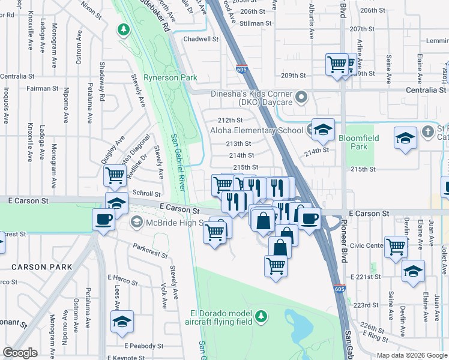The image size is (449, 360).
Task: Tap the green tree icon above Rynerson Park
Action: pyautogui.click(x=124, y=29)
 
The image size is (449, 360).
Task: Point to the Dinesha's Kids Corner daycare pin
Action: pyautogui.click(x=301, y=96)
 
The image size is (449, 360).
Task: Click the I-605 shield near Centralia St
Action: pyautogui.click(x=241, y=68)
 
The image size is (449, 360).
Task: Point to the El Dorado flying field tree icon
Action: pyautogui.click(x=260, y=316)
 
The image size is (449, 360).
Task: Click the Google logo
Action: pyautogui.click(x=20, y=352)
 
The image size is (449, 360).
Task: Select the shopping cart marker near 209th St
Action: pyautogui.click(x=337, y=64)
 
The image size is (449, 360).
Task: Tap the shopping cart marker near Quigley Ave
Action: pyautogui.click(x=114, y=175)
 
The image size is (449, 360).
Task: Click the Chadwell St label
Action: pyautogui.click(x=201, y=39)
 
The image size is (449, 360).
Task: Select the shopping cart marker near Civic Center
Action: pyautogui.click(x=396, y=246)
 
